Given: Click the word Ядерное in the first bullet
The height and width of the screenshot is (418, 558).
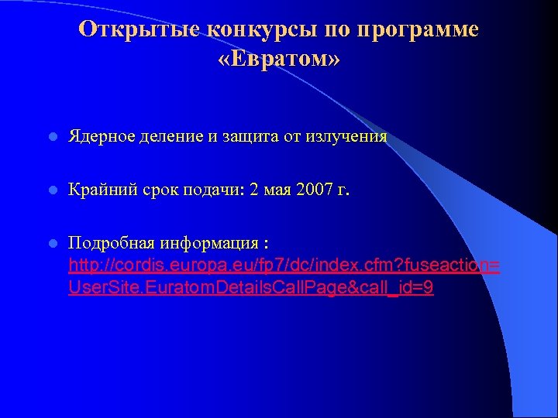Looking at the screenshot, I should coord(102,137).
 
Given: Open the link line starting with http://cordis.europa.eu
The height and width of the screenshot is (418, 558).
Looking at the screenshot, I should coord(284,266).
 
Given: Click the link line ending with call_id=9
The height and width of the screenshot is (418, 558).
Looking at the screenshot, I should coord(250,287).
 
